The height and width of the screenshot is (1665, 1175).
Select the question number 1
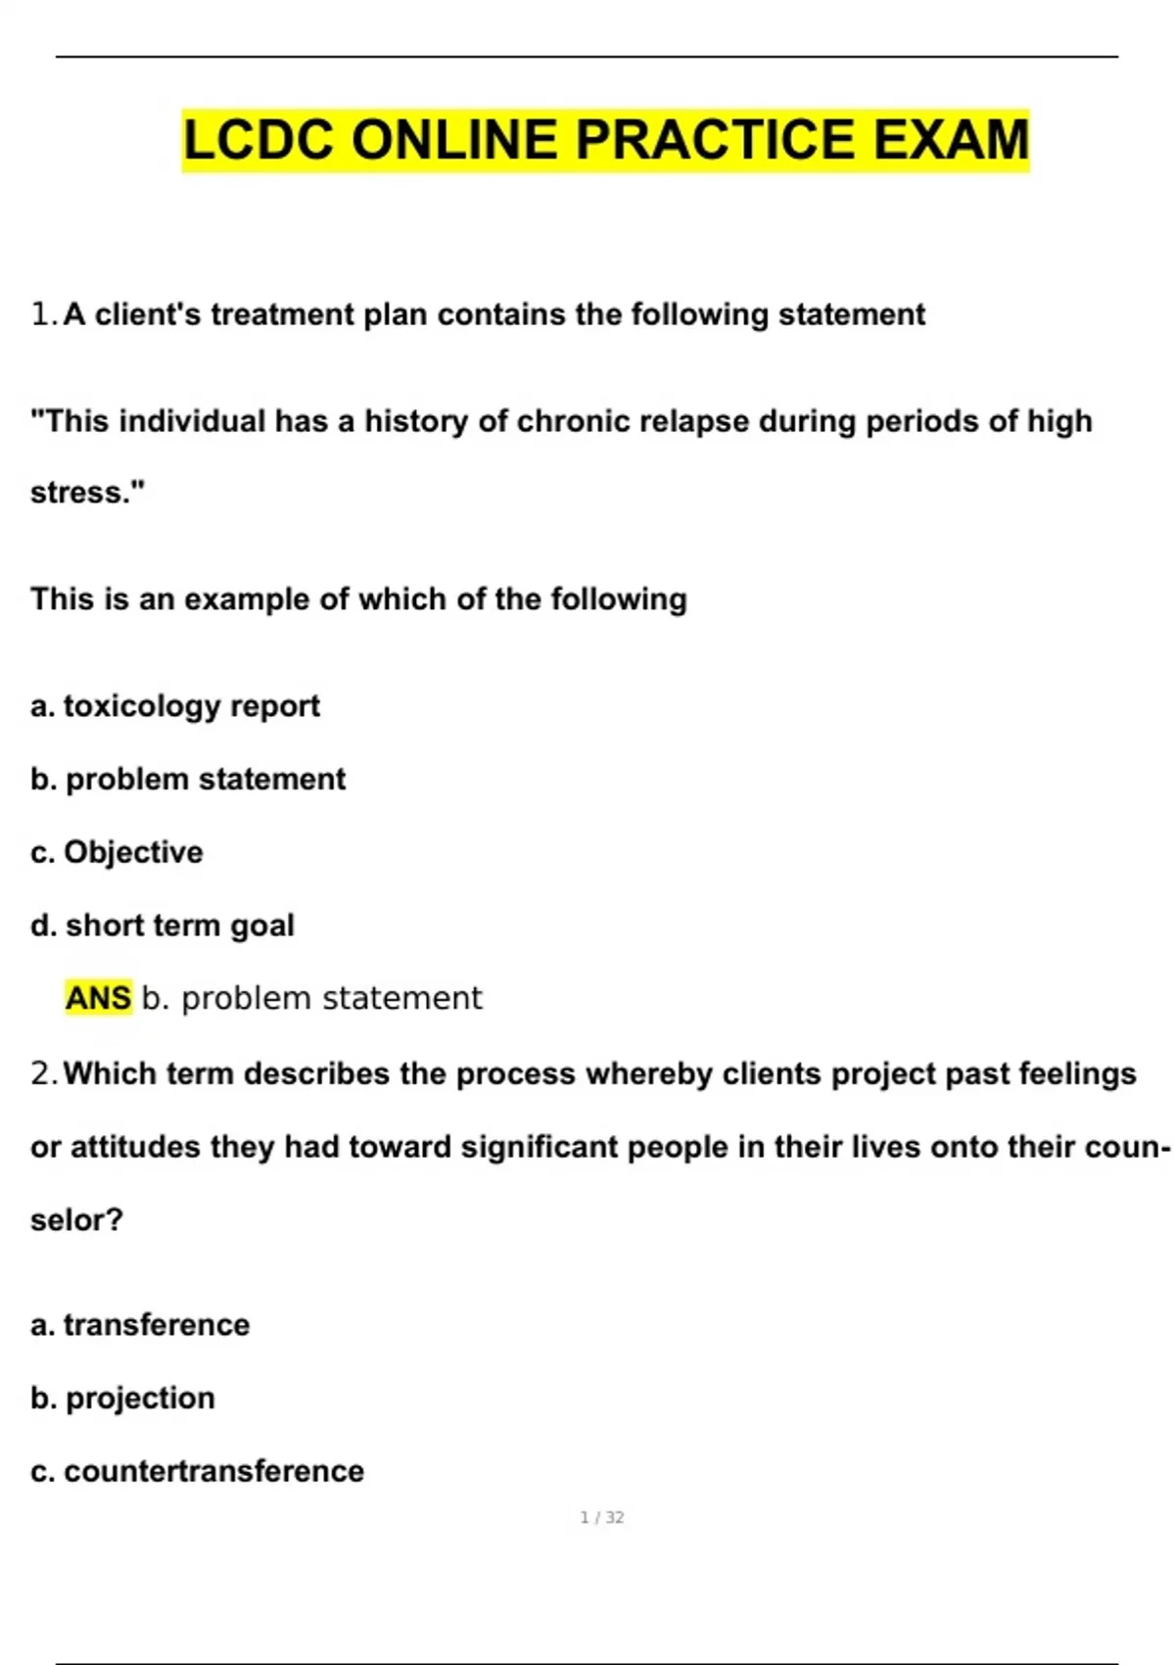coord(42,314)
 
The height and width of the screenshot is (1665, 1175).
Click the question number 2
coord(43,1073)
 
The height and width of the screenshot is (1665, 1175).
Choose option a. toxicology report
coord(175,706)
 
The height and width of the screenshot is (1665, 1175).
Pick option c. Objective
coord(117,852)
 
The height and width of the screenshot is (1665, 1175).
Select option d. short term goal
coord(163,926)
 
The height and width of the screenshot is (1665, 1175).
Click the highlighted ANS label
coord(98,998)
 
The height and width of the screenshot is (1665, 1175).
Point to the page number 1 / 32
coord(601,1517)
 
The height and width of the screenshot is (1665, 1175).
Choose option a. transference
coord(140,1325)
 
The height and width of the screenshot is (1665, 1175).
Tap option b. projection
coord(122,1399)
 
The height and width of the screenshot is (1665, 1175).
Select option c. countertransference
coord(197,1471)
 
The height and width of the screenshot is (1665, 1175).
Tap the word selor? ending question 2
coord(76,1220)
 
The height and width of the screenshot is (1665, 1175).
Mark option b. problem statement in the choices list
coord(188,780)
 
